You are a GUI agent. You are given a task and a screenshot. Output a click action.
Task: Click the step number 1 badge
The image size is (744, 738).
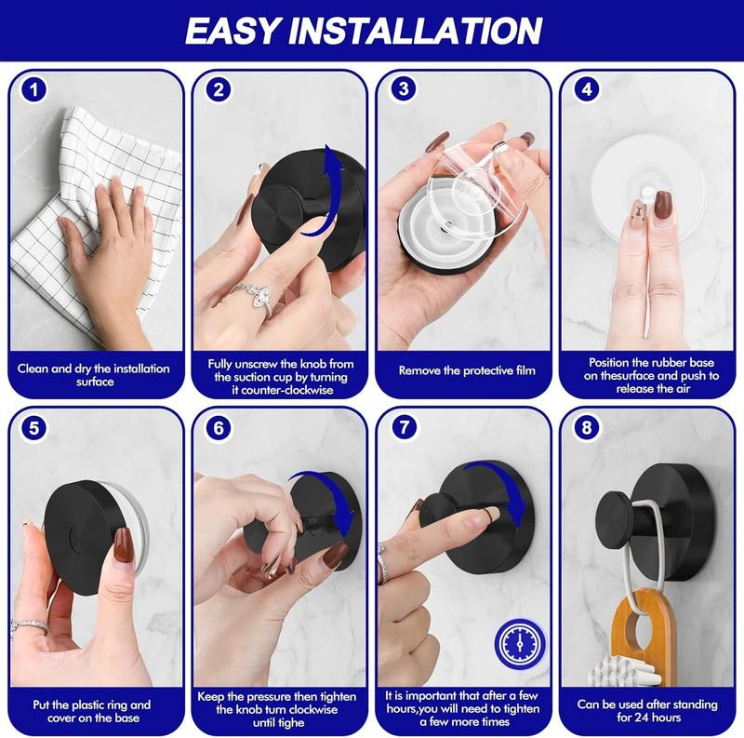34,91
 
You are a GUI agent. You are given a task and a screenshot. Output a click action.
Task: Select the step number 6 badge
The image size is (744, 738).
219,430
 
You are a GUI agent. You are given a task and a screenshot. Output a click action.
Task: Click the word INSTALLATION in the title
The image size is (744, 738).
428,30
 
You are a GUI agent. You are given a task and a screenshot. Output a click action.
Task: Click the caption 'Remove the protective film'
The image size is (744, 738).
467,370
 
